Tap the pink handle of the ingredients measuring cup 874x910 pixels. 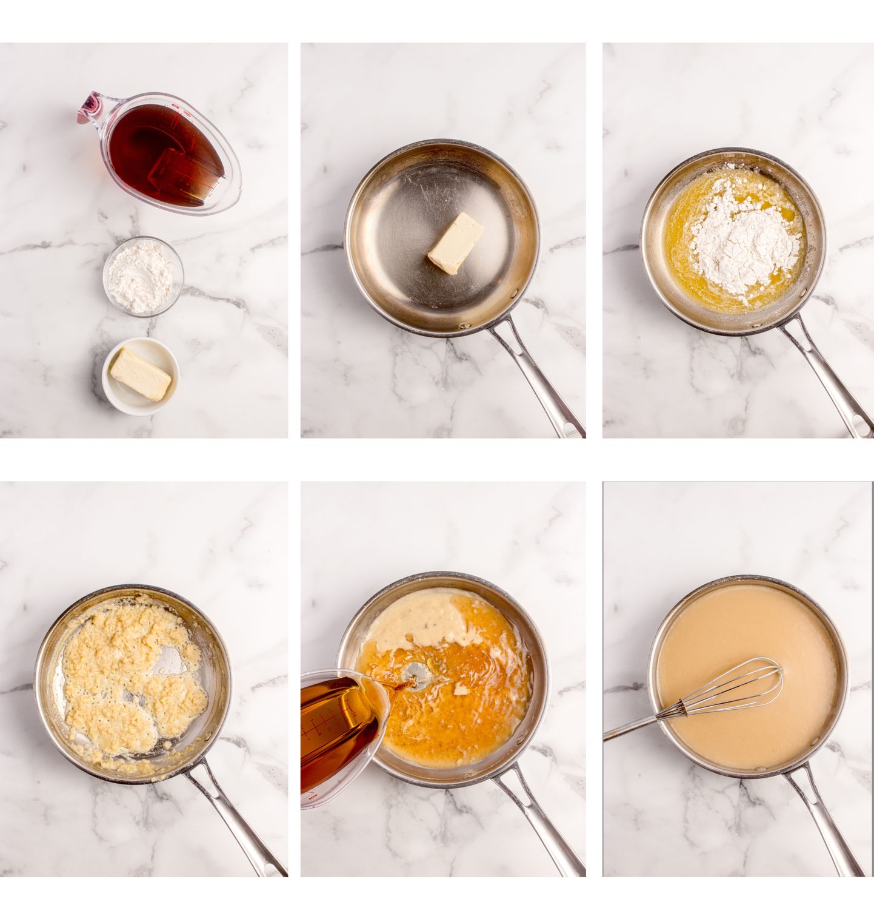click(90, 107)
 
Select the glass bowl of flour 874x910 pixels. click(143, 277)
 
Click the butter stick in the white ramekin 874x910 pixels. click(141, 374)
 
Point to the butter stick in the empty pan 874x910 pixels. click(456, 242)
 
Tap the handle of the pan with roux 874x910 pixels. click(236, 819)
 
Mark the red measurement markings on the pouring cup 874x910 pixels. click(321, 728)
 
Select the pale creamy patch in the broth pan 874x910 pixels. click(418, 619)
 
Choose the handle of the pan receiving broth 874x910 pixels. click(539, 819)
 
